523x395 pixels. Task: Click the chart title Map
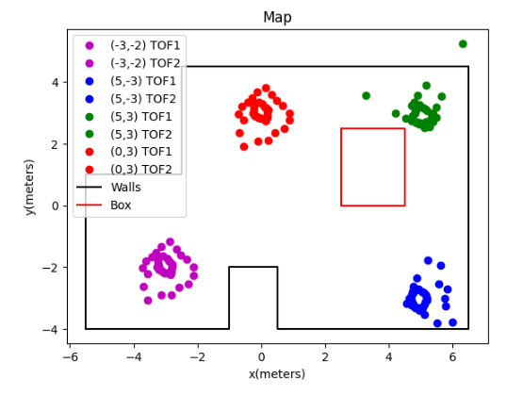pos(277,18)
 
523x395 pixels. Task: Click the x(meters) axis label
pos(277,374)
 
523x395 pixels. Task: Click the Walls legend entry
pos(122,188)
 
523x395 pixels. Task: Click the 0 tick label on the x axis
pos(261,356)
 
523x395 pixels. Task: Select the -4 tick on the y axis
pos(52,329)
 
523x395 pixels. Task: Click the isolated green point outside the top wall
pos(463,43)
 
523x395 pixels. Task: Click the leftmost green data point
pos(366,95)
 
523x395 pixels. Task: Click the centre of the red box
pos(373,167)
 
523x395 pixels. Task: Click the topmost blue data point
pos(428,260)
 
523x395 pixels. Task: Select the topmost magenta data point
pos(170,242)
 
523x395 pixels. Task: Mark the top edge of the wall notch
pos(253,267)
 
